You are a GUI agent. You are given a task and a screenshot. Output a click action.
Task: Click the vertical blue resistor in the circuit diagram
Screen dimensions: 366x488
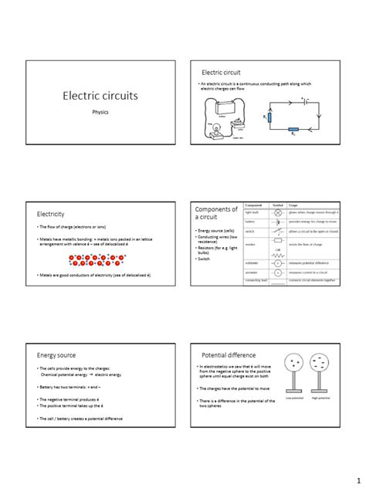click(270, 117)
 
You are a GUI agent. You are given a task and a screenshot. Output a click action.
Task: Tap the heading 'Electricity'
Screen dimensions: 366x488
click(51, 213)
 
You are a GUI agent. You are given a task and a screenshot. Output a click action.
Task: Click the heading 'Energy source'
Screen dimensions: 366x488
click(56, 354)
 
